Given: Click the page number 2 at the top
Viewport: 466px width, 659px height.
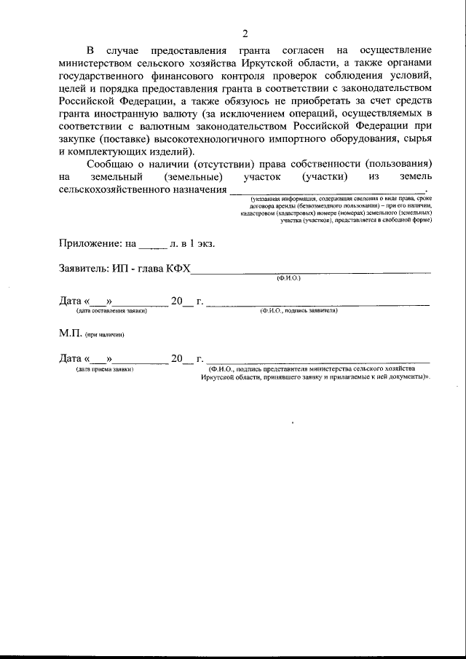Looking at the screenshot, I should (245, 33).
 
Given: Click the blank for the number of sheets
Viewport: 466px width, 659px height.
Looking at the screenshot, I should (147, 245).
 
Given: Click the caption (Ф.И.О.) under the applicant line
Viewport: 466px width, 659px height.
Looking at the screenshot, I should (288, 278).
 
